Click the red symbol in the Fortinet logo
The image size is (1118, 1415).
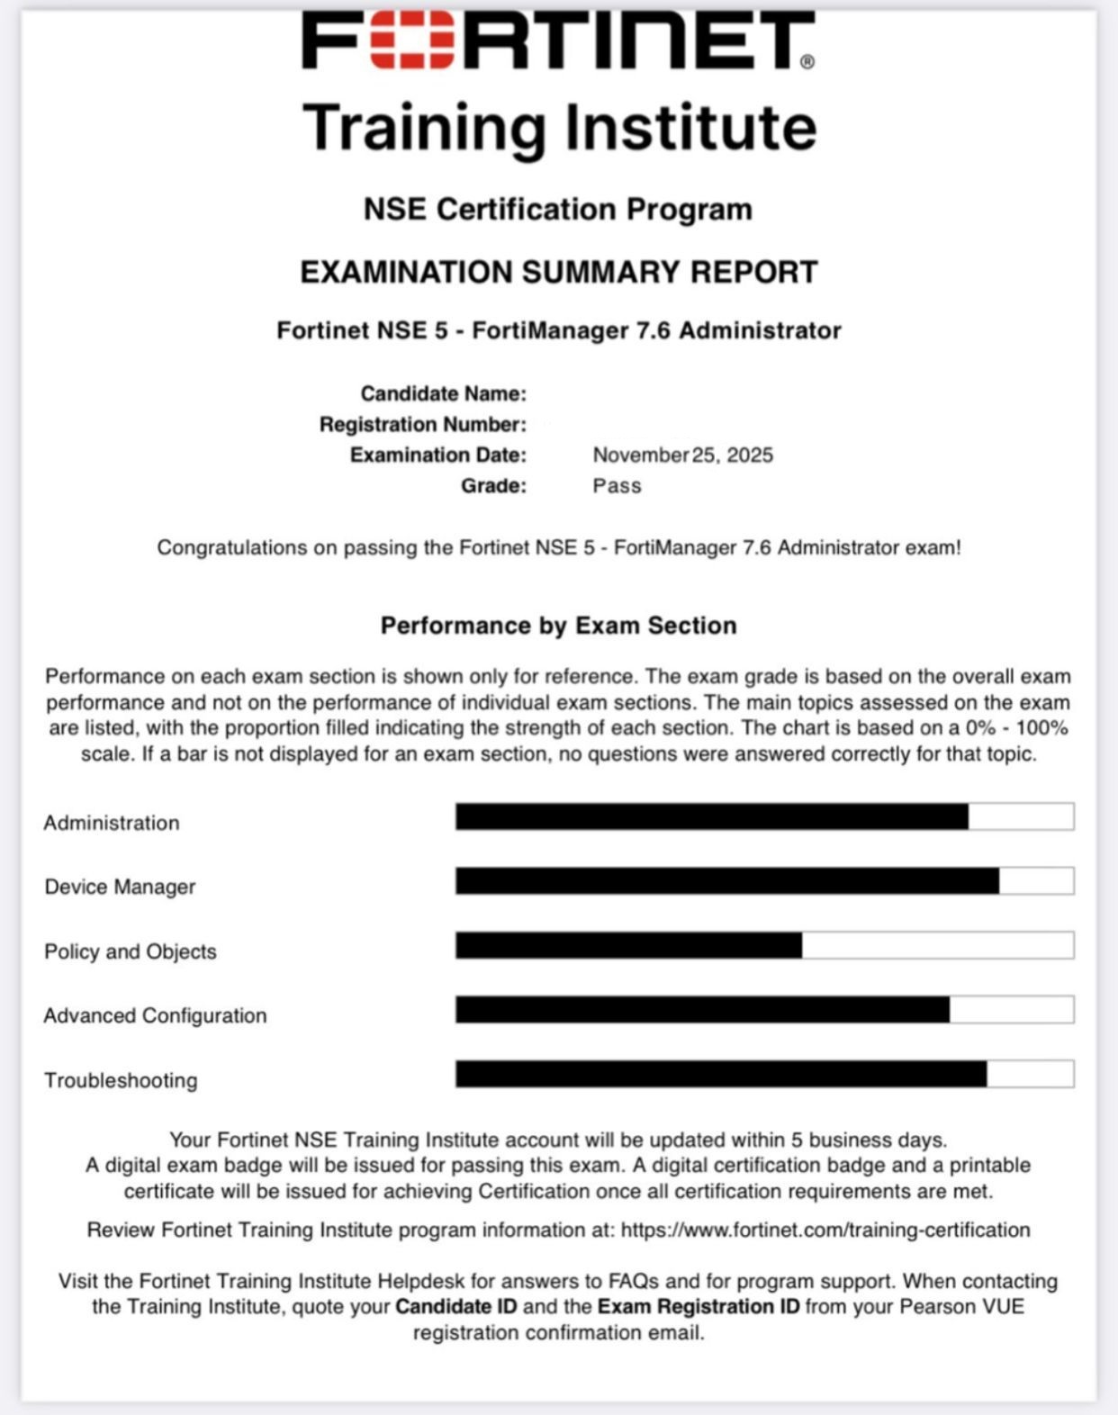pyautogui.click(x=412, y=41)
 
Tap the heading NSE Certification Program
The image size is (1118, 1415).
pyautogui.click(x=558, y=209)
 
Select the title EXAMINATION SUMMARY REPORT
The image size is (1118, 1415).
pyautogui.click(x=558, y=272)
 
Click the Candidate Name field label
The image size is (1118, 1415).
pyautogui.click(x=443, y=393)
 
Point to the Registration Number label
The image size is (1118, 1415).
pyautogui.click(x=422, y=424)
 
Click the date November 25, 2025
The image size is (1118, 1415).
pyautogui.click(x=682, y=455)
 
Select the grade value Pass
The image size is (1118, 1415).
pyautogui.click(x=617, y=486)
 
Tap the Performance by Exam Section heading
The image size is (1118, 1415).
pyautogui.click(x=558, y=626)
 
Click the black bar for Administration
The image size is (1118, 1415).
pyautogui.click(x=711, y=816)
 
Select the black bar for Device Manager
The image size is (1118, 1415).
pyautogui.click(x=726, y=881)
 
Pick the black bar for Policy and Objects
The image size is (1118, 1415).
pyautogui.click(x=628, y=945)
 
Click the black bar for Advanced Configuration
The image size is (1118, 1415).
pyautogui.click(x=702, y=1010)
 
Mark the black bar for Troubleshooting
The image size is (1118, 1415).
pyautogui.click(x=720, y=1074)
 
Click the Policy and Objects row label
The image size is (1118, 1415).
pyautogui.click(x=131, y=951)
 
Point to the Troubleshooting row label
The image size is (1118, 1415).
pyautogui.click(x=121, y=1080)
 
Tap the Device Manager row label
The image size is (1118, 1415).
pyautogui.click(x=120, y=887)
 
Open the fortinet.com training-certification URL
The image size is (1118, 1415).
pyautogui.click(x=825, y=1230)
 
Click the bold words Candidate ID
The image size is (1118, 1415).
pyautogui.click(x=456, y=1306)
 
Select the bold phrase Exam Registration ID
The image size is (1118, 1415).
pyautogui.click(x=699, y=1306)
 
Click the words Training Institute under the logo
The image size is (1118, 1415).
pyautogui.click(x=559, y=127)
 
